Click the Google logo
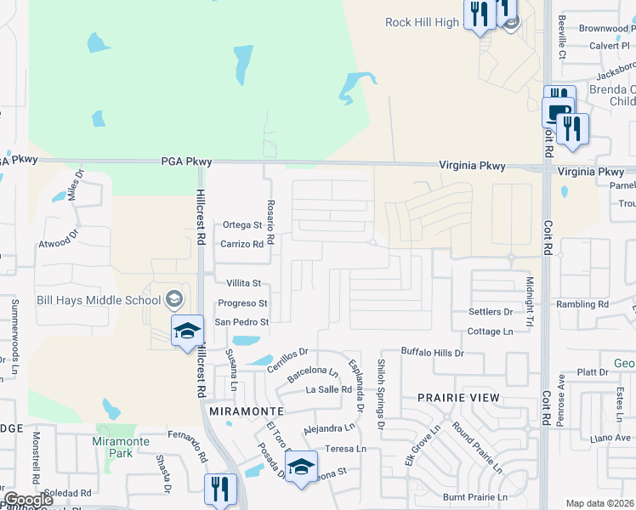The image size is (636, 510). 28,500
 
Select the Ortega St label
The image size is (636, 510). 242,225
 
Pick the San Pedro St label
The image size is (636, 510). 241,322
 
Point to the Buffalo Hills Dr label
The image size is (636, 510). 432,352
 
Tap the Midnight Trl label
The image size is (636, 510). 529,301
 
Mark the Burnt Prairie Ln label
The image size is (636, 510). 474,496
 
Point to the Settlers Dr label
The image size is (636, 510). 490,312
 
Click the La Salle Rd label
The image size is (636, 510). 329,389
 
